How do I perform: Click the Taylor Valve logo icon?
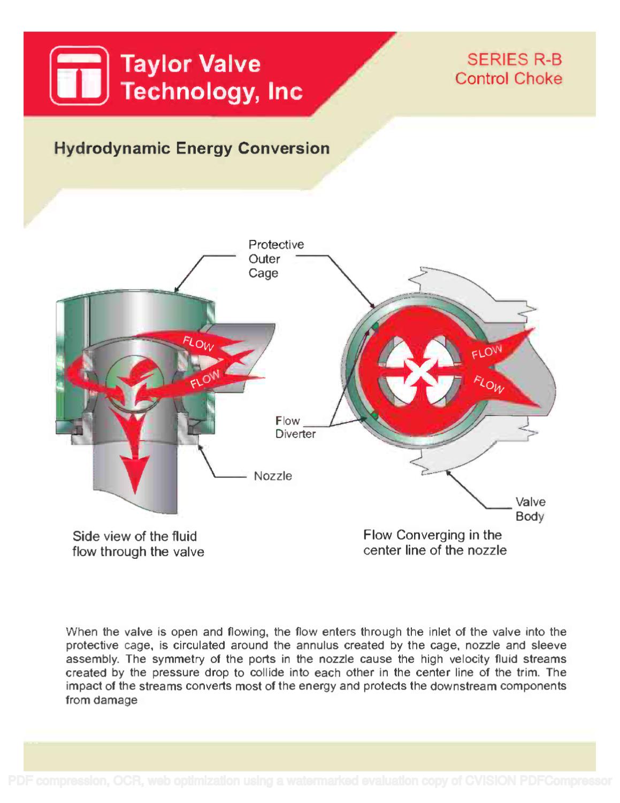coord(80,75)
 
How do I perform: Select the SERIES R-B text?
coord(514,59)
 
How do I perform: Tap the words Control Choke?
coord(508,79)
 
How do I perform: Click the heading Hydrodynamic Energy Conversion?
coord(192,148)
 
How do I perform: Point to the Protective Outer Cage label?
coord(275,259)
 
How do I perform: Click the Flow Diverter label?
coord(295,427)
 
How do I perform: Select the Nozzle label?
coord(273,476)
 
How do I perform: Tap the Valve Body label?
coord(530,509)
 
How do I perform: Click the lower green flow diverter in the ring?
coord(374,415)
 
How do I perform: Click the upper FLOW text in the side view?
coord(198,343)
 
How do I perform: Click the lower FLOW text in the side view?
coord(205,379)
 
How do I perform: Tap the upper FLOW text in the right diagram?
coord(486,352)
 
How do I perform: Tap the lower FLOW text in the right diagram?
coord(489,384)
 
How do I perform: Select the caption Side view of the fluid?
coord(135,536)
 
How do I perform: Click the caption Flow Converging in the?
coord(432,535)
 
